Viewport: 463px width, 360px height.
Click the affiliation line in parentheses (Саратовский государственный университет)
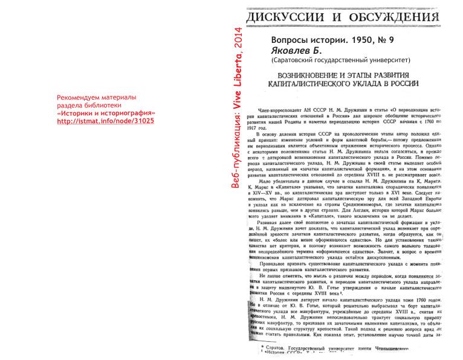point(340,60)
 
